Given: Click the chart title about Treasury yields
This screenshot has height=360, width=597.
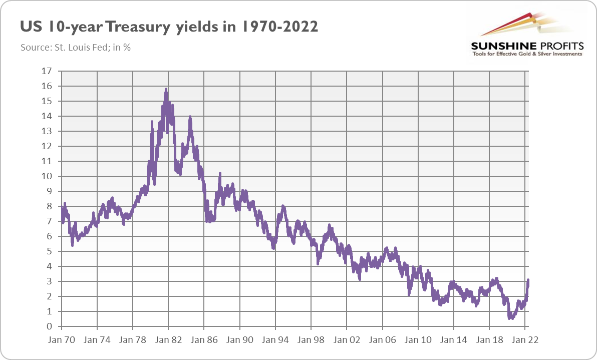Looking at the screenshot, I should [x=169, y=27].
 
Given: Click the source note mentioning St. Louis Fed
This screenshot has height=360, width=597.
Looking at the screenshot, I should [x=76, y=48].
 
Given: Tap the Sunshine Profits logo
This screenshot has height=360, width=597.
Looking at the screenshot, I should [x=526, y=35].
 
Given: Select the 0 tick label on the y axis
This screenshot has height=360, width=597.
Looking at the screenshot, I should [x=50, y=326].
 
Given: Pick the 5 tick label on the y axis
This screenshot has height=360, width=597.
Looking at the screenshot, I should [x=50, y=251].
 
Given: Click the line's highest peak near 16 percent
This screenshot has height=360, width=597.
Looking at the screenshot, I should [x=166, y=90].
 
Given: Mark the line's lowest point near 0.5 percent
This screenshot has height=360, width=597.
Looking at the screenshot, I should [x=510, y=318].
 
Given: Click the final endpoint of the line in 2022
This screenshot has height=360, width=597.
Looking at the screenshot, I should [x=528, y=280].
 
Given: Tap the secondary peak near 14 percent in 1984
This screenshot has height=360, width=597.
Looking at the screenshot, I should [x=190, y=118].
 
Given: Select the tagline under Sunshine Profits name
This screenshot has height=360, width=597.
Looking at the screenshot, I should [x=526, y=54].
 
